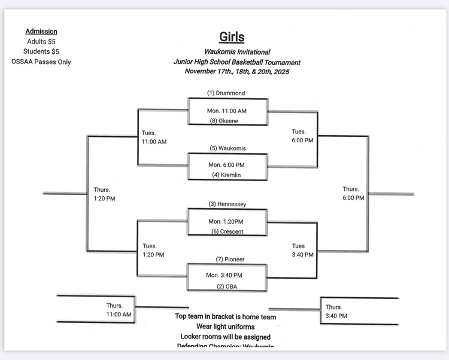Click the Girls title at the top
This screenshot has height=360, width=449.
pos(232,37)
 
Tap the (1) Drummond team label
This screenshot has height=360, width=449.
pos(226,93)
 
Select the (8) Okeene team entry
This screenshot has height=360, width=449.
pos(224,121)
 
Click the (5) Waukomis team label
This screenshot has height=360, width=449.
pos(227,148)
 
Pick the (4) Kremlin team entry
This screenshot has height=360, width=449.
pos(225,175)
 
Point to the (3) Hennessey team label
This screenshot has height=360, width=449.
pos(227,204)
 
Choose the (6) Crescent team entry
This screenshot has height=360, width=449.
pos(227,231)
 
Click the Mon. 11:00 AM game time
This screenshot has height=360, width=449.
pos(227,111)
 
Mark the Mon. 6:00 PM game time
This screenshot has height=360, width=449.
pos(226,164)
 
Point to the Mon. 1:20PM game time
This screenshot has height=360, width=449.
pos(226,222)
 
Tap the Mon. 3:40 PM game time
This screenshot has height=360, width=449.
pos(225,276)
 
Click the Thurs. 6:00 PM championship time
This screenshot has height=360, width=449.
pos(353,194)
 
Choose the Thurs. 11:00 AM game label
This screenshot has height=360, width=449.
pos(119,310)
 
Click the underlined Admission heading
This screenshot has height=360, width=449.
pos(42,32)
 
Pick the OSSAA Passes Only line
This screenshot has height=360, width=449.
pos(41,62)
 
